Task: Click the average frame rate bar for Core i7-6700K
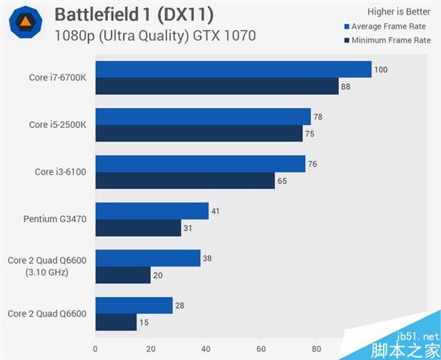233,70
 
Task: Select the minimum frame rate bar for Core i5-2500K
198,133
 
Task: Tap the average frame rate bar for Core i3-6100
200,164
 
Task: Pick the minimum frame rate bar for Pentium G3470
138,228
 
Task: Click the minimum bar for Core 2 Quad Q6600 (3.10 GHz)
123,276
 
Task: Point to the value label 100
381,70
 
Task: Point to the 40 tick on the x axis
206,350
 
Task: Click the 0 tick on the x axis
96,350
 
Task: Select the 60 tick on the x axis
261,350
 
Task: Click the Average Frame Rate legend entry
387,27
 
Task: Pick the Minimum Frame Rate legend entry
387,40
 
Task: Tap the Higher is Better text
398,12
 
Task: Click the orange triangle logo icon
25,23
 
